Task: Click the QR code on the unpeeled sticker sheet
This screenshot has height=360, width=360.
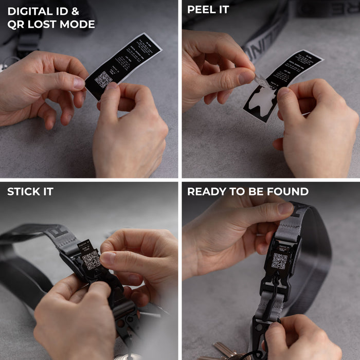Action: [103, 80]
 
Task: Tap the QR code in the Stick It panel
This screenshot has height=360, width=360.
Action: [91, 260]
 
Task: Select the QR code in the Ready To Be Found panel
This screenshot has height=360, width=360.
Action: [279, 261]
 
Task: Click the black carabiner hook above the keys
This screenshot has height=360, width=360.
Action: [260, 329]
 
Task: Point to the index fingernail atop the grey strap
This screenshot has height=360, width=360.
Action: [285, 208]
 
